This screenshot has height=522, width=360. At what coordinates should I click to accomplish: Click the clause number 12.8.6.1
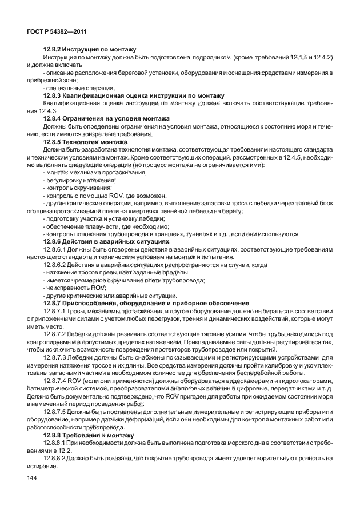coord(57,249)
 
